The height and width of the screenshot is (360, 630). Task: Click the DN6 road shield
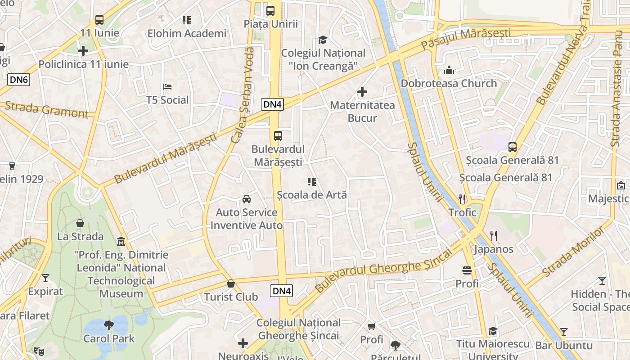19,80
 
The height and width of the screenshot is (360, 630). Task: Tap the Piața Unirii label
270,24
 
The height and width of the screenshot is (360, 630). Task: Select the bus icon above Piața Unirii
270,11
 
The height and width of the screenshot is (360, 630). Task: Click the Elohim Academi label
187,33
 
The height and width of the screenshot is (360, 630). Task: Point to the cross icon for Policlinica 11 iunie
83,51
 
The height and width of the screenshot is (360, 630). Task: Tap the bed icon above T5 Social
167,86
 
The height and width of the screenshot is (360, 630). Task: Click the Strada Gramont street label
46,110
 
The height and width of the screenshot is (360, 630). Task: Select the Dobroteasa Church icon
449,70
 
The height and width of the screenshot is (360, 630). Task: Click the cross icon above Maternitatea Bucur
362,92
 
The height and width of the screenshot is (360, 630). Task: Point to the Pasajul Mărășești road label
466,39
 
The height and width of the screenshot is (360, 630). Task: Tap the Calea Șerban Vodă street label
243,95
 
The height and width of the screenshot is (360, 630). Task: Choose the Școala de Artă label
312,195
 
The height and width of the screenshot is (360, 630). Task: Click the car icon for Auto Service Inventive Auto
247,199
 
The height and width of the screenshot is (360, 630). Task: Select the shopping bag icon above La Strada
80,223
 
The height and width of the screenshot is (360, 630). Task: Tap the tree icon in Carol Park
108,324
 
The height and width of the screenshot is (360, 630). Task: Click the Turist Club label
231,297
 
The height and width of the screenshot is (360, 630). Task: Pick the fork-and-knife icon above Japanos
494,235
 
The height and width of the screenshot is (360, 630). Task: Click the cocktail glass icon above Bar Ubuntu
564,332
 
